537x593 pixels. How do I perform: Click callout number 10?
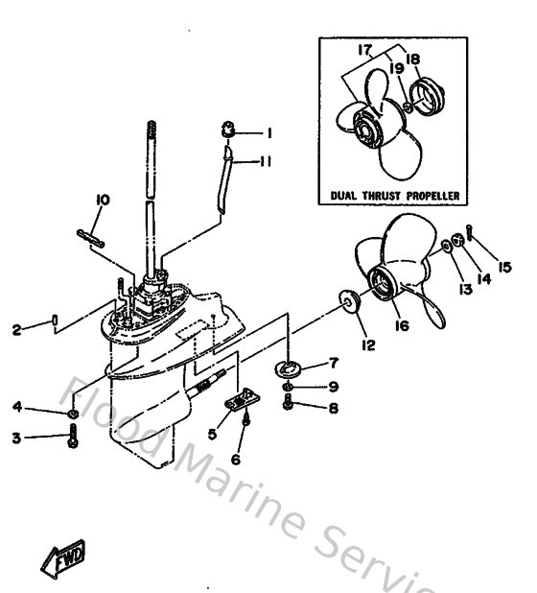(x=103, y=200)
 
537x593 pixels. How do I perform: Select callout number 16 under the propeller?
(x=401, y=326)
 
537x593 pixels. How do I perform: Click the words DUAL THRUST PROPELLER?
(x=394, y=196)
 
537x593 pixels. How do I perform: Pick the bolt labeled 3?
(x=73, y=439)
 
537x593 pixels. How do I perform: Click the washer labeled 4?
(x=73, y=414)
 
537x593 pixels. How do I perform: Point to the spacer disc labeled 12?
(x=347, y=302)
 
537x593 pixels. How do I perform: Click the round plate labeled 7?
(x=288, y=366)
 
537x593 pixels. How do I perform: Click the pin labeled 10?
(x=87, y=235)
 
